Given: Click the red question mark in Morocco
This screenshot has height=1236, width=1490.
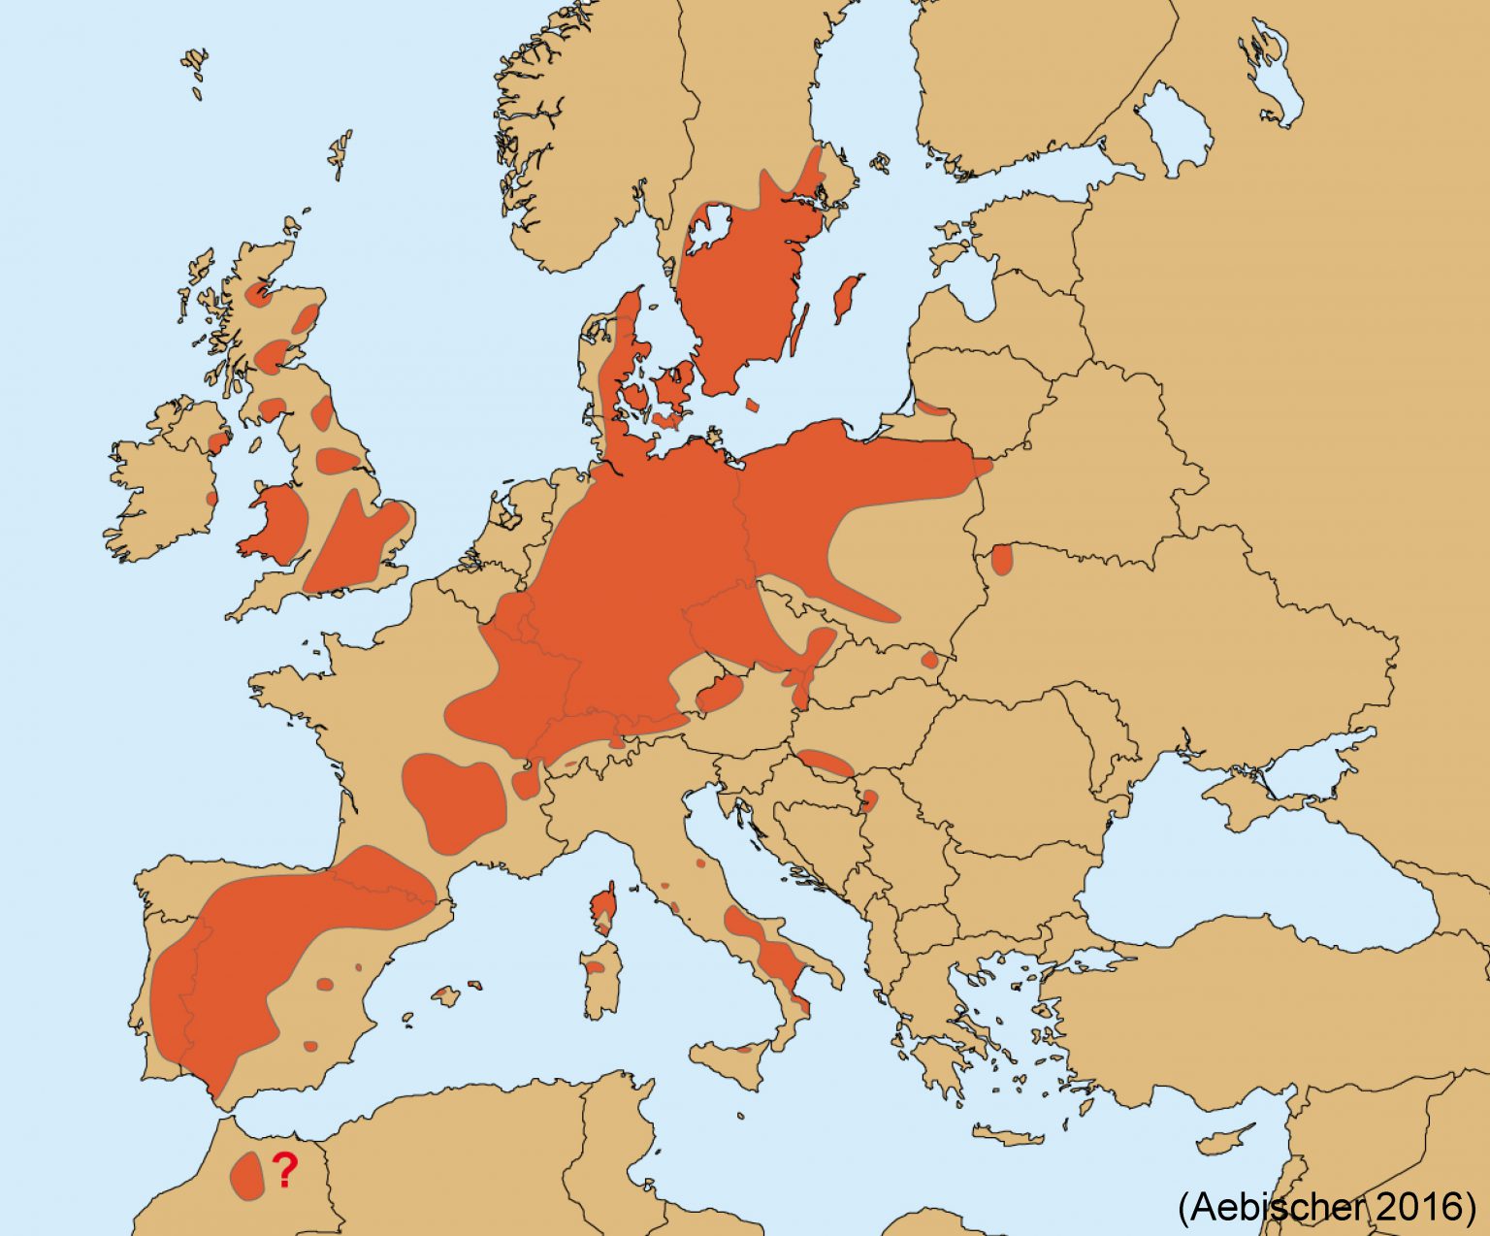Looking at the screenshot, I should (283, 1171).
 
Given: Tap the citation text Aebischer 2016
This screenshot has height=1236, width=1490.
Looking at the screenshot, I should (1326, 1206).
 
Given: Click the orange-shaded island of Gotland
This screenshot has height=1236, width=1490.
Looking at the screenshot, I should (848, 297).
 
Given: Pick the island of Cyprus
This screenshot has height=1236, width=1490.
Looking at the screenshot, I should (1224, 1141).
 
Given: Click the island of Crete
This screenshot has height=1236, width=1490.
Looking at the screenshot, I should (1009, 1136).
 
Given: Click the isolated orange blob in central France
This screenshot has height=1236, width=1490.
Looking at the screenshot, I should (454, 798).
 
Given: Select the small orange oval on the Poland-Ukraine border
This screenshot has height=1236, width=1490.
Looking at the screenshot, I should (1001, 560).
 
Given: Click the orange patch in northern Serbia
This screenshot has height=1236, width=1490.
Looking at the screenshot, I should (869, 800).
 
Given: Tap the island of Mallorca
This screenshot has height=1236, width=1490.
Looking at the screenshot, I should (446, 996).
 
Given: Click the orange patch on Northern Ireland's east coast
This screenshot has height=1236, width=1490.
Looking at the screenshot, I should (219, 442).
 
